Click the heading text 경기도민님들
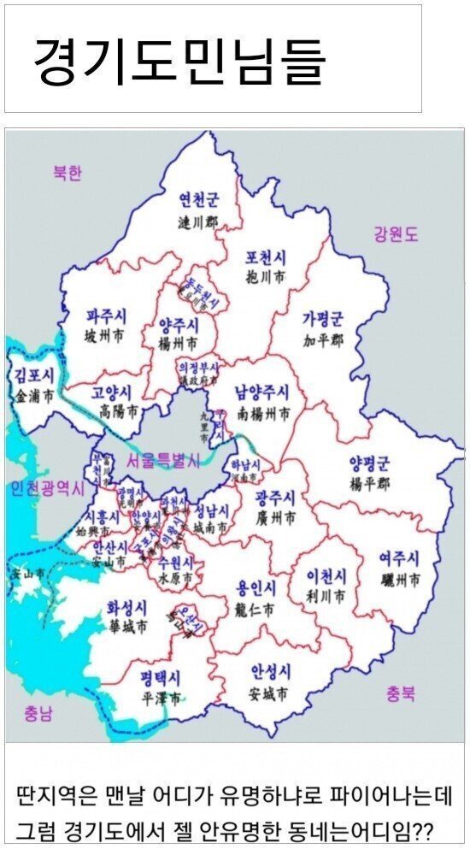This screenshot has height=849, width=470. [x=179, y=60]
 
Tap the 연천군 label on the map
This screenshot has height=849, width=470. [x=198, y=201]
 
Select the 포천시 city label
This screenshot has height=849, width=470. [x=267, y=256]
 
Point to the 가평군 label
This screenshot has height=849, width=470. [x=322, y=320]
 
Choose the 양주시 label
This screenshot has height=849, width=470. [x=179, y=325]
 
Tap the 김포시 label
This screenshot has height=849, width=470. [x=35, y=375]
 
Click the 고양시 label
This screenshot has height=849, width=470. [x=113, y=394]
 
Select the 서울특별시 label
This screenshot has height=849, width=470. [x=162, y=461]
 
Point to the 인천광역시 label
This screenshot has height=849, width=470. [x=48, y=489]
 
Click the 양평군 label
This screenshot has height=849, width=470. [x=369, y=464]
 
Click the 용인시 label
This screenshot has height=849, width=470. [x=256, y=589]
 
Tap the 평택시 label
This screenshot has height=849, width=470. [x=162, y=678]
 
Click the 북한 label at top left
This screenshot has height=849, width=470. [x=67, y=173]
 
